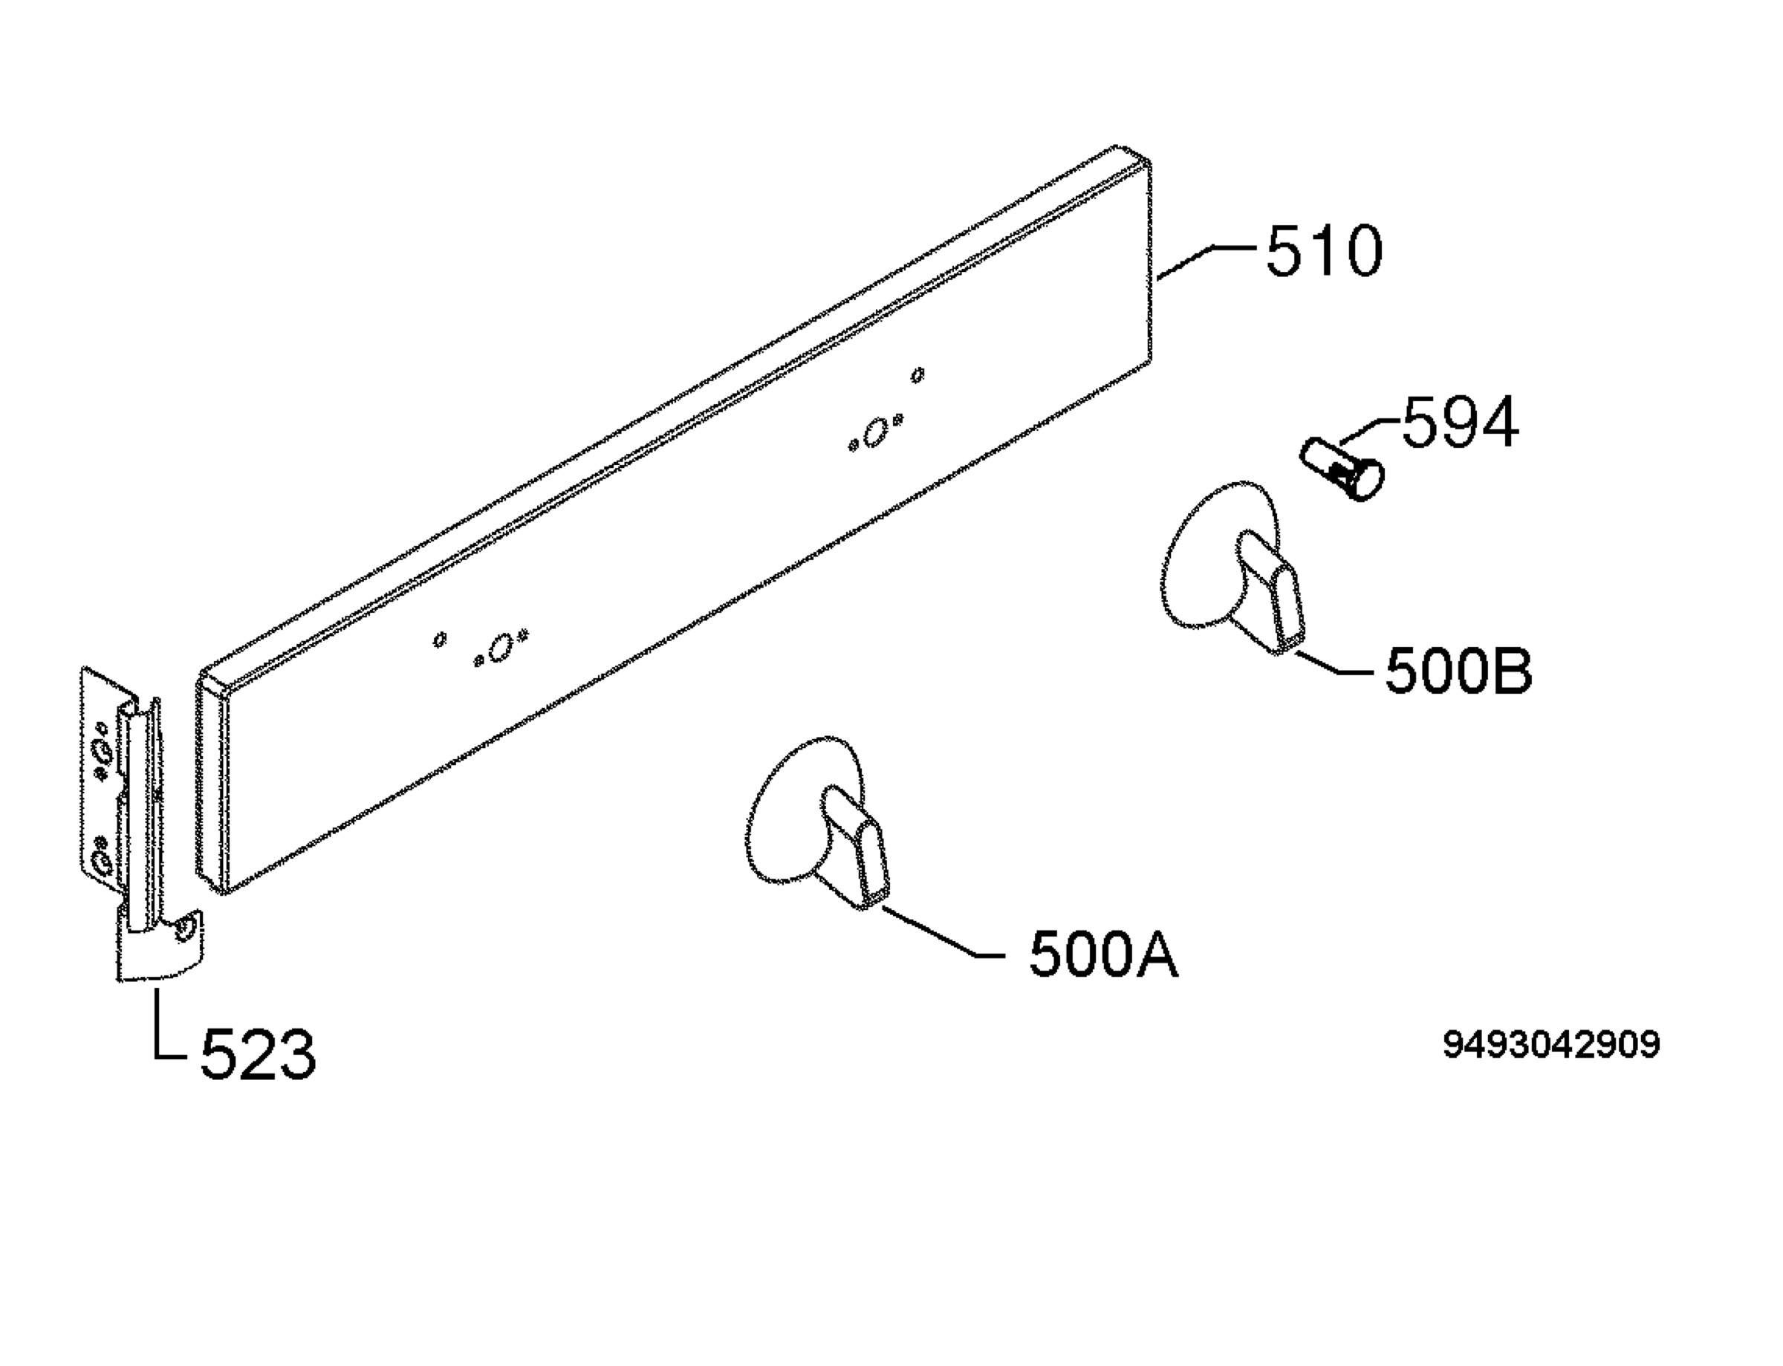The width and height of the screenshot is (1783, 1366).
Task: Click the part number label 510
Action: pyautogui.click(x=1324, y=250)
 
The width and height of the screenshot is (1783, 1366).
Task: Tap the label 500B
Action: pyautogui.click(x=1458, y=671)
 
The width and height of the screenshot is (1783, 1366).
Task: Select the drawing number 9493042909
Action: pyautogui.click(x=1551, y=1045)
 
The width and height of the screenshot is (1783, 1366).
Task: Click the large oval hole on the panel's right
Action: pyautogui.click(x=875, y=432)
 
